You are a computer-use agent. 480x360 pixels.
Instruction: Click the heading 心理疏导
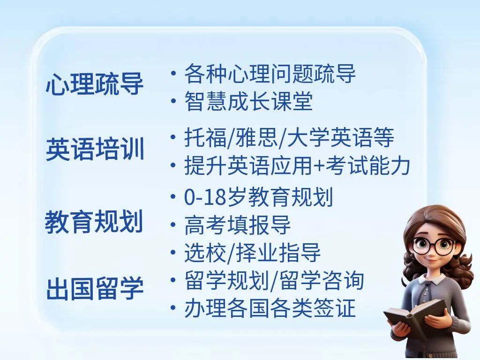[95, 83]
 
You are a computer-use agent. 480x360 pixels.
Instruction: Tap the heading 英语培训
[95, 149]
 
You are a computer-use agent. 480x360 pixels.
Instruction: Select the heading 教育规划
[94, 222]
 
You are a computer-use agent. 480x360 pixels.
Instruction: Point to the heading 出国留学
[95, 288]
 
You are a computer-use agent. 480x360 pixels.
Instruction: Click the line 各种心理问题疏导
[270, 74]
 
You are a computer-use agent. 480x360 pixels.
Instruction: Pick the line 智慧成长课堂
[248, 101]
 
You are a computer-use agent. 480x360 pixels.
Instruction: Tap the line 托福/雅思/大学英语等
[289, 137]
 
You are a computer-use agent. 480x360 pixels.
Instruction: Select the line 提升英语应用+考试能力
[297, 165]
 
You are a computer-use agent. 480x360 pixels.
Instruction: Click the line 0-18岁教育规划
[258, 197]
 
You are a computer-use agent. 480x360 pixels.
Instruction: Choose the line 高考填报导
[237, 225]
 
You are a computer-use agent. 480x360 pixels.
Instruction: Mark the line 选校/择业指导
[252, 253]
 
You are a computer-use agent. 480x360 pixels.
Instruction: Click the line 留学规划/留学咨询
[274, 280]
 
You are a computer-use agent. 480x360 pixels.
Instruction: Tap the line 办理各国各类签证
[270, 307]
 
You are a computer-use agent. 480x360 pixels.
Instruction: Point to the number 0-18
[205, 197]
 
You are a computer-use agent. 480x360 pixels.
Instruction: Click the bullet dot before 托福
[173, 137]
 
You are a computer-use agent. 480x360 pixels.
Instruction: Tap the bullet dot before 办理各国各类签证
[173, 307]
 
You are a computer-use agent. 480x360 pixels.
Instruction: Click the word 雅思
[256, 137]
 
